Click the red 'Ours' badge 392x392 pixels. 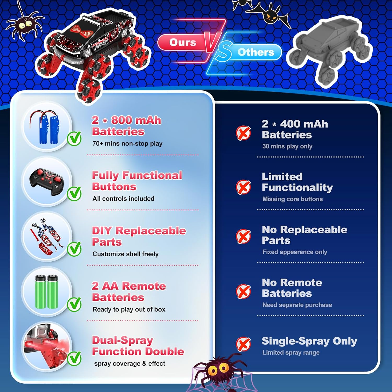182,42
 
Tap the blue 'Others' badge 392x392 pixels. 256,52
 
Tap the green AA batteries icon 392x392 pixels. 47,292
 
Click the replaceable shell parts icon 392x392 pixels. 47,237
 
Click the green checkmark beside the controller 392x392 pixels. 74,194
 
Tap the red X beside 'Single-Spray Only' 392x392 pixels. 243,344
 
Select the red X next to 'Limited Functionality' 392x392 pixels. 243,187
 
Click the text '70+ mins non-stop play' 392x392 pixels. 127,143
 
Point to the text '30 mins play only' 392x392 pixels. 287,146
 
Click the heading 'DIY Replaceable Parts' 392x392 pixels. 139,236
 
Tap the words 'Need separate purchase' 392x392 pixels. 297,305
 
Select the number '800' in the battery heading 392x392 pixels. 122,120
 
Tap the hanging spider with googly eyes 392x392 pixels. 25,26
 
